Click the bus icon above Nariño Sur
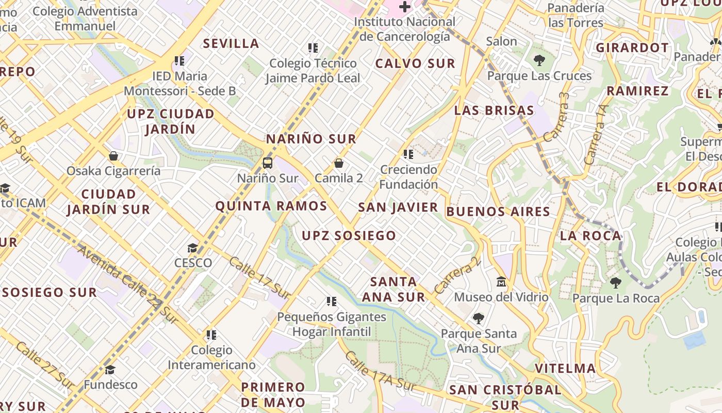pyautogui.click(x=267, y=163)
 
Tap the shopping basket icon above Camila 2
pyautogui.click(x=339, y=163)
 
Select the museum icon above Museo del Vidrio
pyautogui.click(x=501, y=282)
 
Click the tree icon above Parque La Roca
pyautogui.click(x=615, y=283)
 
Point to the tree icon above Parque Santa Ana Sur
pyautogui.click(x=479, y=318)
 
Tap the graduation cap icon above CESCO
pyautogui.click(x=192, y=248)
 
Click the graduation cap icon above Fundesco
pyautogui.click(x=110, y=370)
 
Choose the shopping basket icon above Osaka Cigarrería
pyautogui.click(x=113, y=155)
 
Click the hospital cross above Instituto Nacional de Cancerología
pyautogui.click(x=405, y=7)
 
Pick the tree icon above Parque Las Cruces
pyautogui.click(x=539, y=60)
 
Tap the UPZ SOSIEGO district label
pyautogui.click(x=349, y=235)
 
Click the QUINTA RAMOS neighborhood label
pyautogui.click(x=271, y=206)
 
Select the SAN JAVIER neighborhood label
pyautogui.click(x=398, y=207)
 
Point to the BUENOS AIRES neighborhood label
pyautogui.click(x=498, y=211)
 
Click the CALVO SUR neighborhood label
pyautogui.click(x=415, y=63)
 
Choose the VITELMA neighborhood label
pyautogui.click(x=565, y=368)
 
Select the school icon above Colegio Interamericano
pyautogui.click(x=211, y=335)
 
